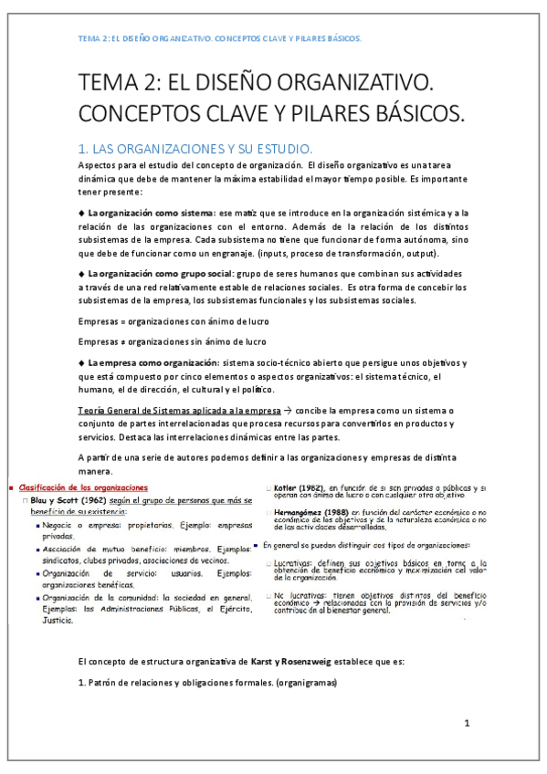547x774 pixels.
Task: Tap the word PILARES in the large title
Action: [321, 115]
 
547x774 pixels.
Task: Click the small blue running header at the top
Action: [219, 39]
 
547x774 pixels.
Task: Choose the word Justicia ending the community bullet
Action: [59, 619]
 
